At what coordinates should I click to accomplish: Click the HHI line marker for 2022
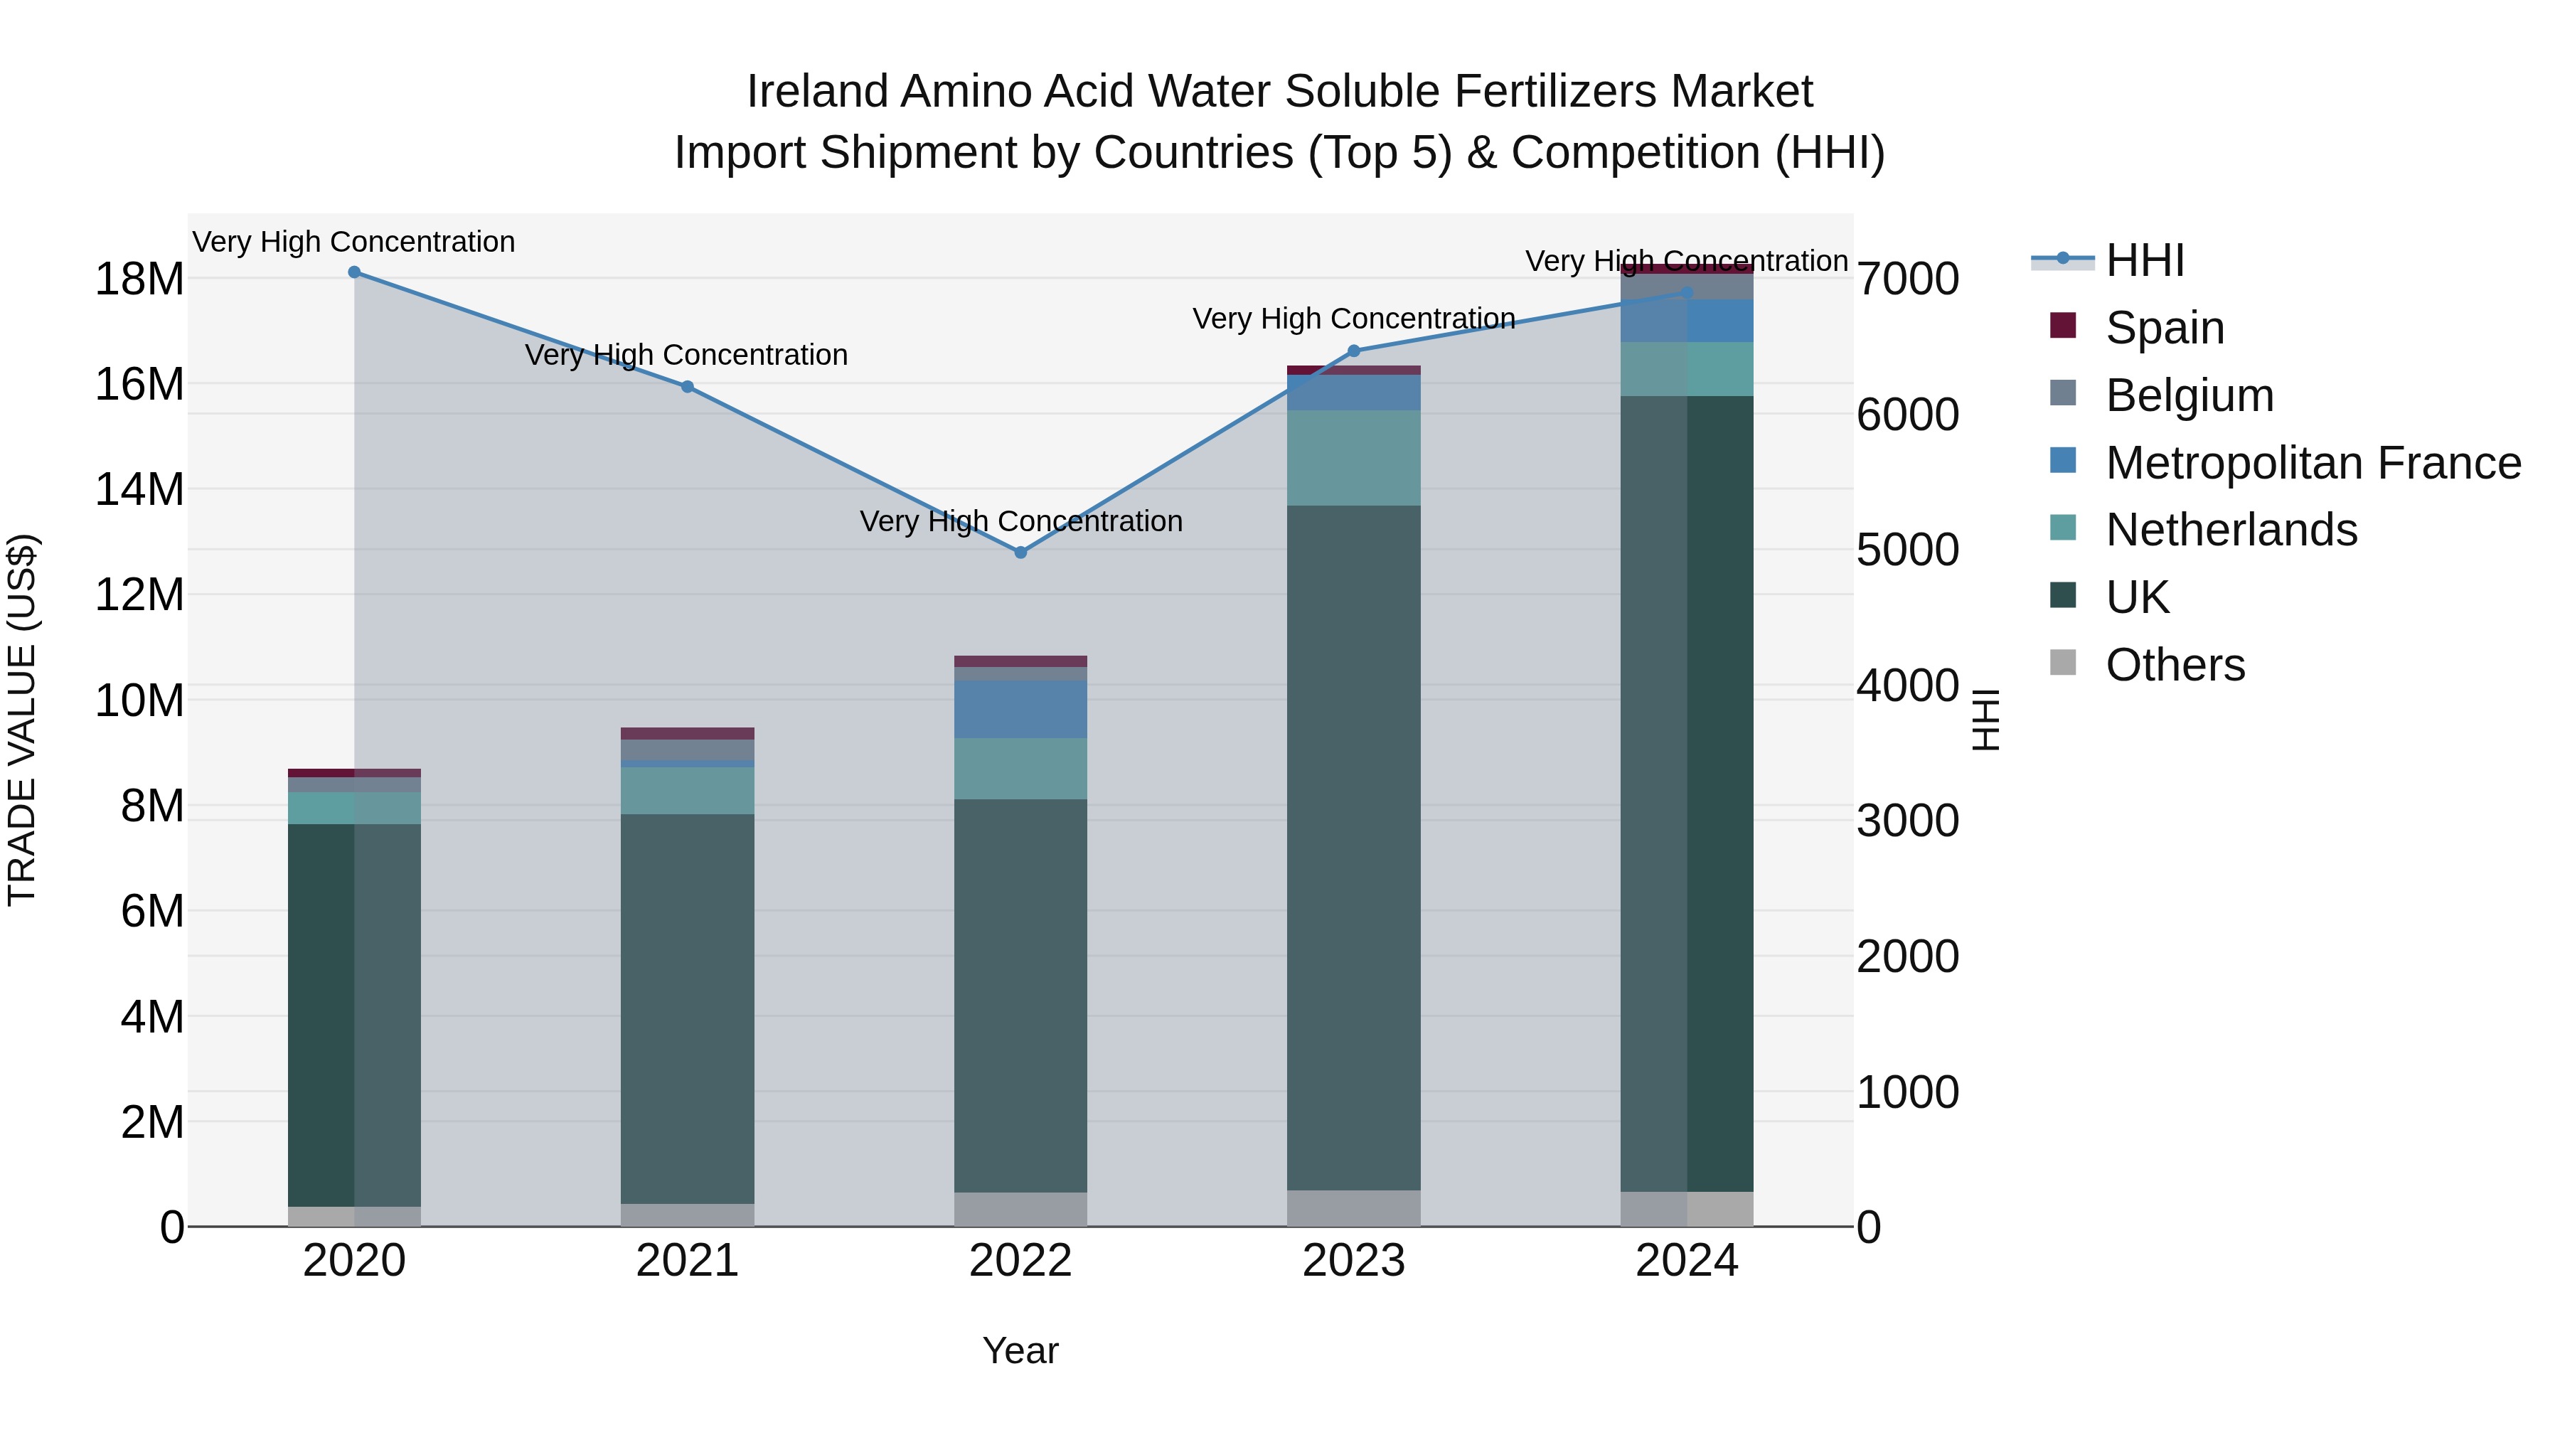point(1020,553)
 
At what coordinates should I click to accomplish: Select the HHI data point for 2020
point(354,272)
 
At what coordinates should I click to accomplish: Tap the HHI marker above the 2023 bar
point(1353,351)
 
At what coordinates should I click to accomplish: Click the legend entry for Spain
point(2165,328)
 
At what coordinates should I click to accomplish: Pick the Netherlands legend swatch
point(2063,528)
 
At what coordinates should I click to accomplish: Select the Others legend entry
point(2175,665)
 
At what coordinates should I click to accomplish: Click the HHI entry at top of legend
point(2145,260)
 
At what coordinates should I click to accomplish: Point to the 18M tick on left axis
point(139,279)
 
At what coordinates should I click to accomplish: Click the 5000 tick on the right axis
point(1907,550)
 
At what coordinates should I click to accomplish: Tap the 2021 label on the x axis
point(687,1261)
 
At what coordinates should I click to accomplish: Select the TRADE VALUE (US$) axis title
point(22,720)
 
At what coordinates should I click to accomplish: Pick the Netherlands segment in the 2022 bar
point(1020,768)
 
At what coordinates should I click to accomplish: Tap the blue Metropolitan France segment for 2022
point(1020,708)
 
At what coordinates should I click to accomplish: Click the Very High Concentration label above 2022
point(1020,522)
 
